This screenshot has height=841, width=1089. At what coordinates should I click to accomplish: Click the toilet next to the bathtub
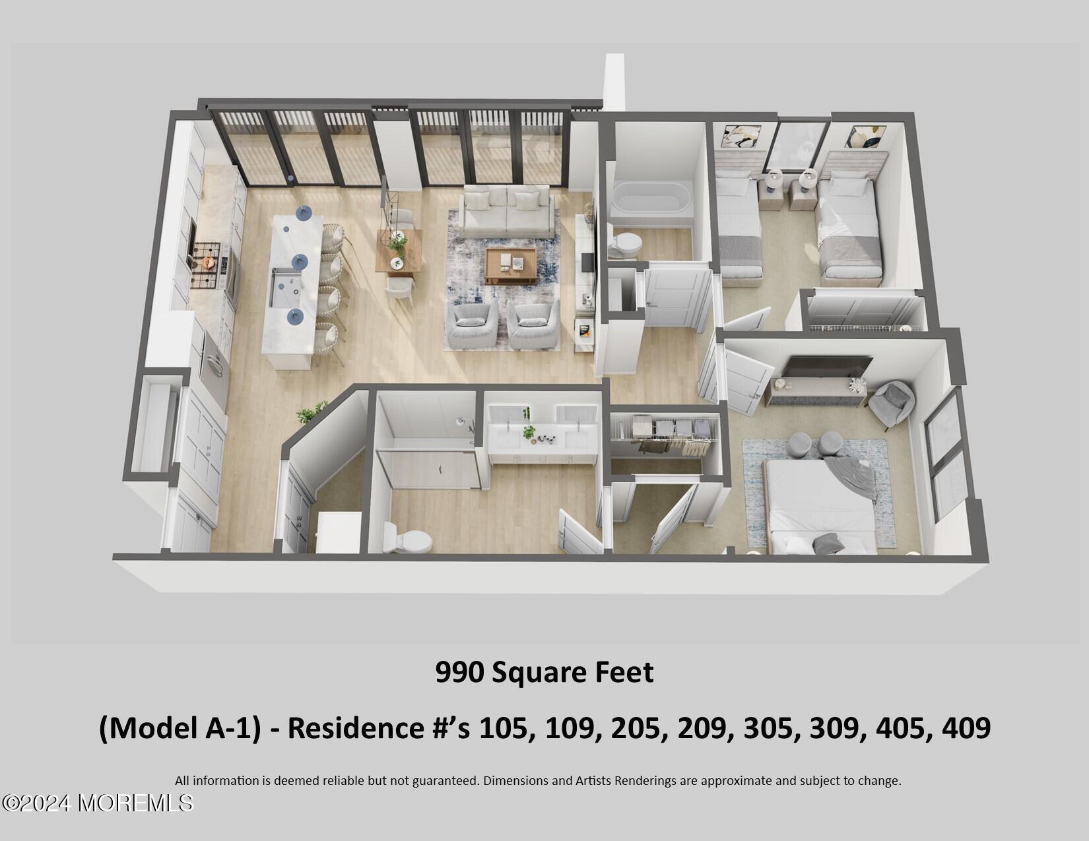[x=624, y=244]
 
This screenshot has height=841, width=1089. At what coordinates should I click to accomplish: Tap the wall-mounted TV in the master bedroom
[x=830, y=367]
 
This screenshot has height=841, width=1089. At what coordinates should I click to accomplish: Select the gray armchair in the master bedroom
[x=892, y=402]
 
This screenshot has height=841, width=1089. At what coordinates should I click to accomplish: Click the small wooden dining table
[x=399, y=251]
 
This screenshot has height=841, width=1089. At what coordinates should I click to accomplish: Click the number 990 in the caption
[x=460, y=673]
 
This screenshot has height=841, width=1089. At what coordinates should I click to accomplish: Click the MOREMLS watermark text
[x=135, y=803]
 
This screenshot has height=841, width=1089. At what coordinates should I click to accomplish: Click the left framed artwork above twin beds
[x=742, y=139]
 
